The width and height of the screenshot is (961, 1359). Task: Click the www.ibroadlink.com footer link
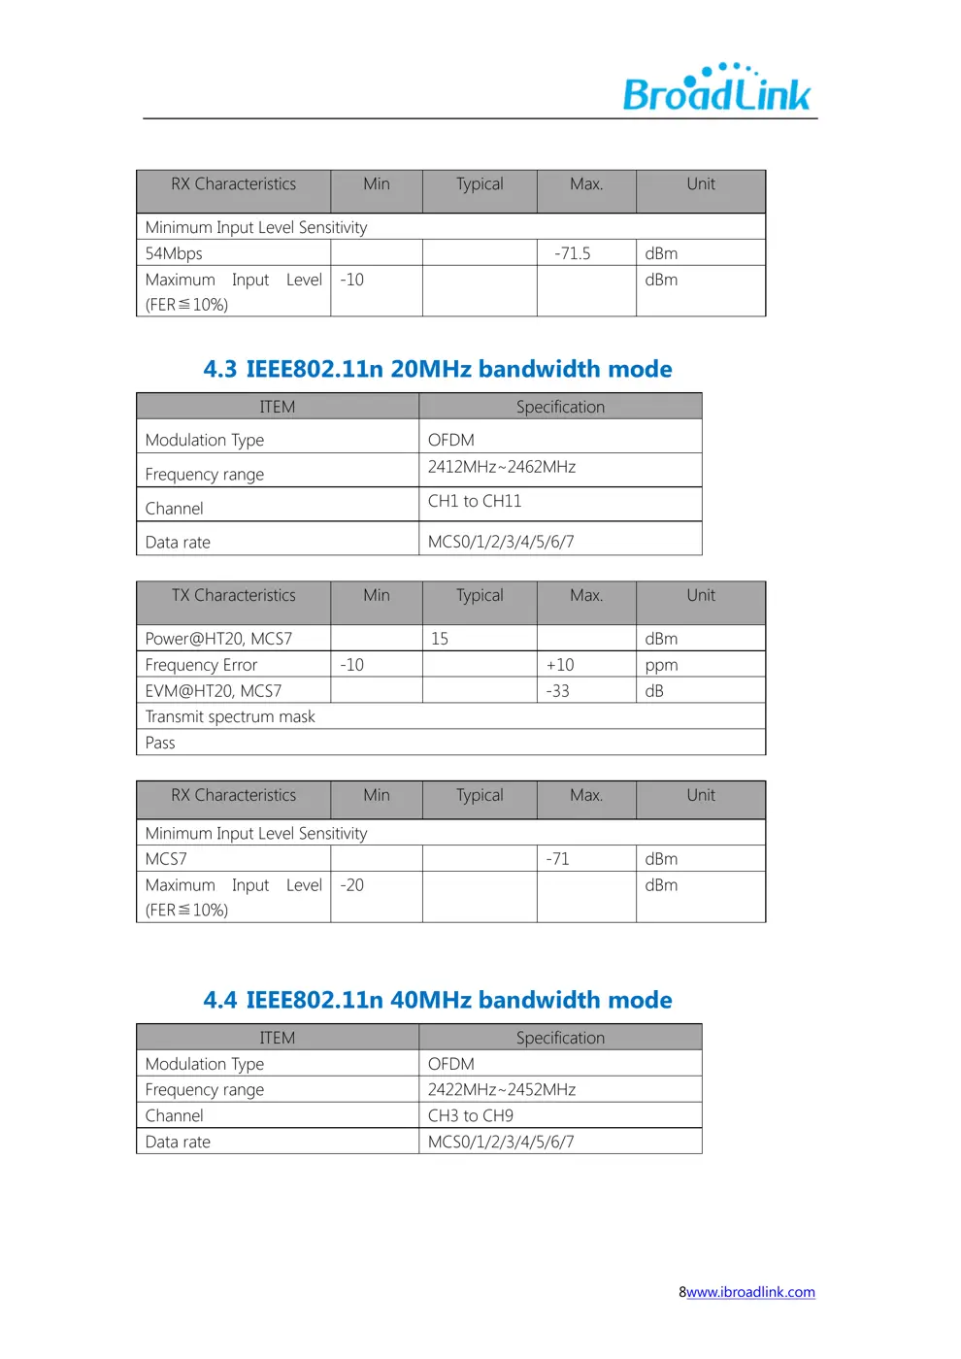tap(750, 1292)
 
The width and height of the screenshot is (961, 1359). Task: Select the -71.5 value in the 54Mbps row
tap(573, 253)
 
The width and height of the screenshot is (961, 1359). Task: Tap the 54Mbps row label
tap(174, 253)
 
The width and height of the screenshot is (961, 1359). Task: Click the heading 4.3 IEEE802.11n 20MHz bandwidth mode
tap(438, 369)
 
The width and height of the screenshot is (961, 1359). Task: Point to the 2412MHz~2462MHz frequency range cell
tap(502, 467)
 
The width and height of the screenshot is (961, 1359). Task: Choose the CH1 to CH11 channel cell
tap(475, 501)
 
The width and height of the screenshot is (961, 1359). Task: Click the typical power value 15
tap(440, 639)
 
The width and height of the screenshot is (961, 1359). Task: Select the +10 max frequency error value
tap(560, 665)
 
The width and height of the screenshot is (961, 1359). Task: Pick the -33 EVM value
tap(557, 691)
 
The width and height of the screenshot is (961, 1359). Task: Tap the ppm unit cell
tap(661, 665)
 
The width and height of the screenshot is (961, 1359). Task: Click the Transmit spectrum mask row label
tap(230, 716)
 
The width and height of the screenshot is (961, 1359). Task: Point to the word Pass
tap(160, 743)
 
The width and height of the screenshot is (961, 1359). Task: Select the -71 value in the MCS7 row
tap(557, 859)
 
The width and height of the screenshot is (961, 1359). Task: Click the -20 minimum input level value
tap(351, 885)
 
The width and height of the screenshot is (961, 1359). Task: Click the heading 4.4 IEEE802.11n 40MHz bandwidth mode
tap(438, 1000)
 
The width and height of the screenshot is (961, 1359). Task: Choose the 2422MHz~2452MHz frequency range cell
tap(502, 1089)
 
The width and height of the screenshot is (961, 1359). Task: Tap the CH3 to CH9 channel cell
tap(471, 1115)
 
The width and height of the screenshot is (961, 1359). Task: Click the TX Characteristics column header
tap(233, 595)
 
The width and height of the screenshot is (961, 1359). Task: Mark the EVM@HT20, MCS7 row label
tap(214, 691)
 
